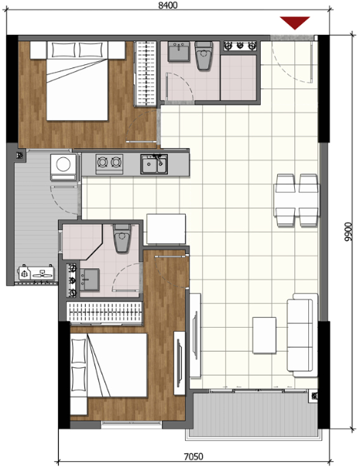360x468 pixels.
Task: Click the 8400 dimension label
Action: tap(168, 5)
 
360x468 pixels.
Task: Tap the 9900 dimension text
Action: tap(348, 232)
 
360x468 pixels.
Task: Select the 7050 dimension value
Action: tap(194, 456)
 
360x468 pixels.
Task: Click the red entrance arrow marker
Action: tap(295, 23)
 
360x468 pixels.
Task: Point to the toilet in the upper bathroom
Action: tap(204, 56)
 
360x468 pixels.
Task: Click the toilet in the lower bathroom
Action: tap(122, 238)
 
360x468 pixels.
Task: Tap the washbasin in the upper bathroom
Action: tap(178, 52)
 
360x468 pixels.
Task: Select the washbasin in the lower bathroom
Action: tap(90, 280)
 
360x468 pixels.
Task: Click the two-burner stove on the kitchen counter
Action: tap(109, 163)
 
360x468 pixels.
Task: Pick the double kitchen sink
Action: tap(154, 163)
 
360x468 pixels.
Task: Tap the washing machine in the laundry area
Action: tap(63, 167)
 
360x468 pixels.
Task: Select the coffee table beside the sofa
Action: tap(264, 336)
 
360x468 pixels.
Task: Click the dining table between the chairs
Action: tap(297, 200)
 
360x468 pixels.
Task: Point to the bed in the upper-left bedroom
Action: tap(77, 81)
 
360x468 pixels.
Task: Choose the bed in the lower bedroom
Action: tap(109, 365)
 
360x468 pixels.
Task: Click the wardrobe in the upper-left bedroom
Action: tap(146, 74)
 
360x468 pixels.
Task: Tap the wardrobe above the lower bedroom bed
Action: tap(104, 313)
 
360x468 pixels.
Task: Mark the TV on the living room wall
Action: tap(195, 336)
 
